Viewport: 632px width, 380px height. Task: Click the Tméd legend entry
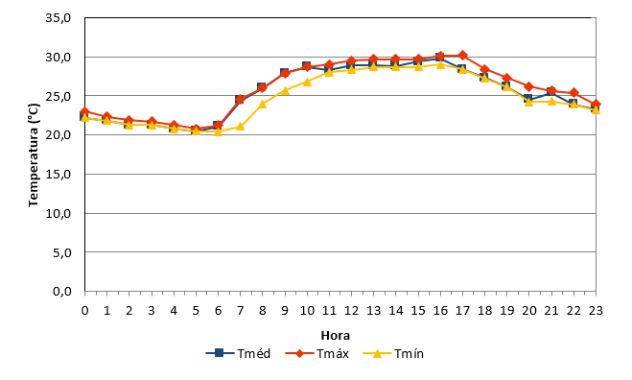pyautogui.click(x=238, y=353)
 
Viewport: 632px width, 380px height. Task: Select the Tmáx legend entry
pyautogui.click(x=316, y=353)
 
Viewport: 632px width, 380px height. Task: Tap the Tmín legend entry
pyautogui.click(x=393, y=353)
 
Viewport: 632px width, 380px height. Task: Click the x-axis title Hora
pyautogui.click(x=336, y=335)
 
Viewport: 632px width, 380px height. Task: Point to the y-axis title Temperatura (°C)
pyautogui.click(x=34, y=155)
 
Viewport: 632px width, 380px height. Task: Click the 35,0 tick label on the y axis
pyautogui.click(x=59, y=18)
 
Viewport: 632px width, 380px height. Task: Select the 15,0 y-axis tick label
pyautogui.click(x=59, y=175)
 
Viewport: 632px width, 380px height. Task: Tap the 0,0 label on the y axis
pyautogui.click(x=61, y=292)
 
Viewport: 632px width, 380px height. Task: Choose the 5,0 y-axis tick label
pyautogui.click(x=61, y=252)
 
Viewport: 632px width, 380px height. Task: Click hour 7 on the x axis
pyautogui.click(x=240, y=310)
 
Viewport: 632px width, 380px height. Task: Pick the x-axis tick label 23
pyautogui.click(x=596, y=310)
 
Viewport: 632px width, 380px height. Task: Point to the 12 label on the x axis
pyautogui.click(x=351, y=310)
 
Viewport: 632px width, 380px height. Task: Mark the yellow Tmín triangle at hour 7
pyautogui.click(x=240, y=127)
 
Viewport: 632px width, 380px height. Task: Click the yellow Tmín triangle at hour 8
pyautogui.click(x=263, y=104)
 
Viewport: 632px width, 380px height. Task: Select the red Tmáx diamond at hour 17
pyautogui.click(x=462, y=55)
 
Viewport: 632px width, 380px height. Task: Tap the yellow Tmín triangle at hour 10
pyautogui.click(x=307, y=82)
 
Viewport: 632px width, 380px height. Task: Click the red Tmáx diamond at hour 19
pyautogui.click(x=507, y=78)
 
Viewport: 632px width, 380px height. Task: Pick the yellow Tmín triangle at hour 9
pyautogui.click(x=285, y=91)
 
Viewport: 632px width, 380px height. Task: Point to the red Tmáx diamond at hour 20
pyautogui.click(x=529, y=86)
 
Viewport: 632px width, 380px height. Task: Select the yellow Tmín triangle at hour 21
pyautogui.click(x=551, y=102)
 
